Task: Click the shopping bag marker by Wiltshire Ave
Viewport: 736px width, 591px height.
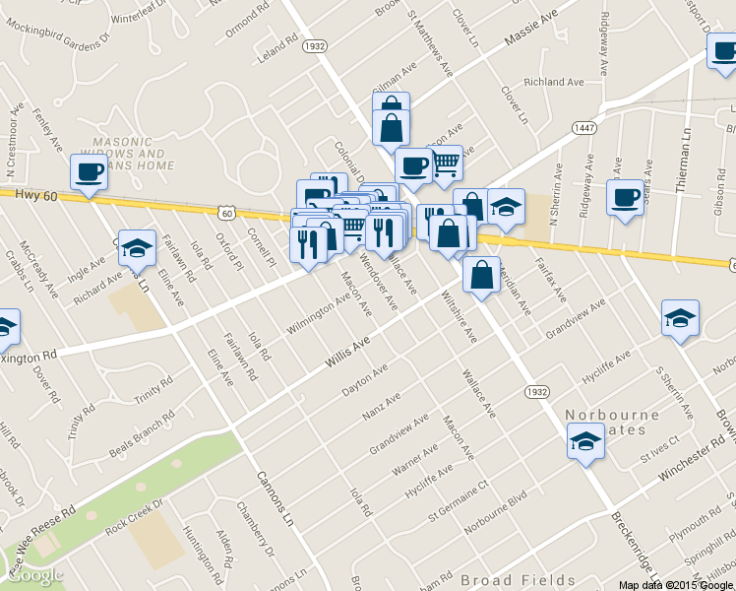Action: coord(481,276)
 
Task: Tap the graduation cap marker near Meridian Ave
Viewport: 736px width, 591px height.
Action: coord(506,208)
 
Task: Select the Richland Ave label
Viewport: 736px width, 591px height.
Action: coord(554,83)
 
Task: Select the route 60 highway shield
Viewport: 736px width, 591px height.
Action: coord(227,212)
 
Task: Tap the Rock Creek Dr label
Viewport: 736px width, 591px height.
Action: coord(134,519)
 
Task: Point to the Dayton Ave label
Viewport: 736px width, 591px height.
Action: coord(365,381)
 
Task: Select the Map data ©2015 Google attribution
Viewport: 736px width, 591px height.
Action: coord(676,584)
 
